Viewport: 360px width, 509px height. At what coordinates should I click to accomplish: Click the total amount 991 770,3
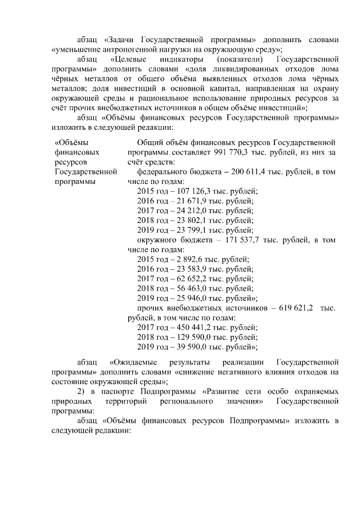(232, 153)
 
